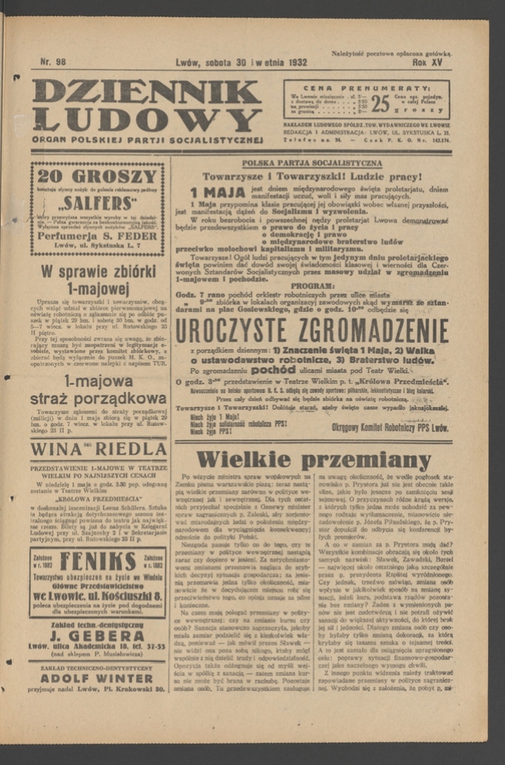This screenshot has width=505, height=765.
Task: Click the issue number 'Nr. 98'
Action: pos(53,62)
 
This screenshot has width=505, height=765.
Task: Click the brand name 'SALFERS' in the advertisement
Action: pos(99,205)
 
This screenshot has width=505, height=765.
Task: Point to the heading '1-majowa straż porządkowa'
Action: pos(99,390)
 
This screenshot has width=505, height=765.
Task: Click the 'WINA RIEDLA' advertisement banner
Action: pos(99,449)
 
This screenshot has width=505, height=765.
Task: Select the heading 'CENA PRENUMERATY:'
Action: pos(366,88)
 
